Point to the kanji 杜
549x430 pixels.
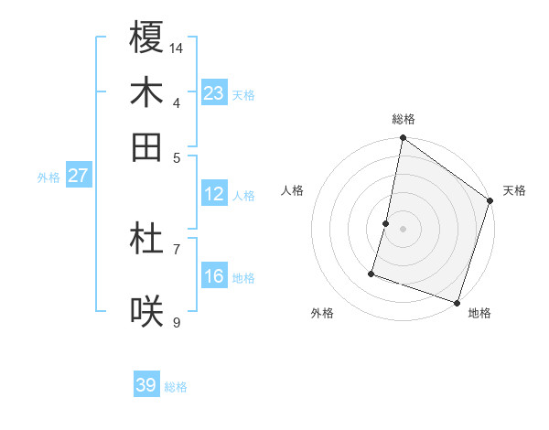[x=146, y=239]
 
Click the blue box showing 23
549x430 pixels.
[x=214, y=92]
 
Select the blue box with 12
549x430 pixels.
[x=214, y=194]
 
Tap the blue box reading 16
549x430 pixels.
[x=214, y=276]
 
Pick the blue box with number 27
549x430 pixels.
[x=78, y=176]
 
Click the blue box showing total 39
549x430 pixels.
[x=146, y=385]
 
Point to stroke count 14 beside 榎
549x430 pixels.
[x=177, y=47]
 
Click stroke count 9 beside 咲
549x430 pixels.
[x=177, y=322]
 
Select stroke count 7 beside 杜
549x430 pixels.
[x=177, y=249]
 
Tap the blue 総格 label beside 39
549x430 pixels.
[x=177, y=387]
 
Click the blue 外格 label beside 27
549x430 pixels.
[x=48, y=177]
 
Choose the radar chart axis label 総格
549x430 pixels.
[x=403, y=119]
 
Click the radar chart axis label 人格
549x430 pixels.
[x=293, y=190]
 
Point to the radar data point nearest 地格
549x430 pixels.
[x=457, y=303]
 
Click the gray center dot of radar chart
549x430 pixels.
[x=403, y=229]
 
